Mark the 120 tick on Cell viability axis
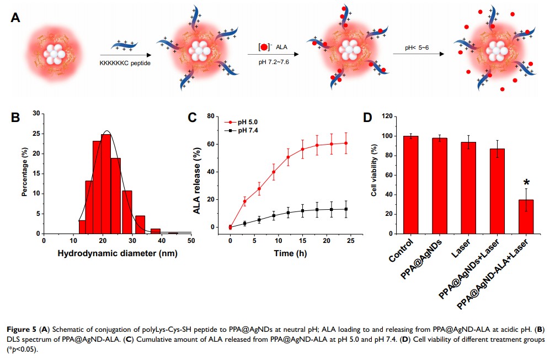(x=387, y=117)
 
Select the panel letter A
(x=16, y=18)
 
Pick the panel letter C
(x=193, y=117)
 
